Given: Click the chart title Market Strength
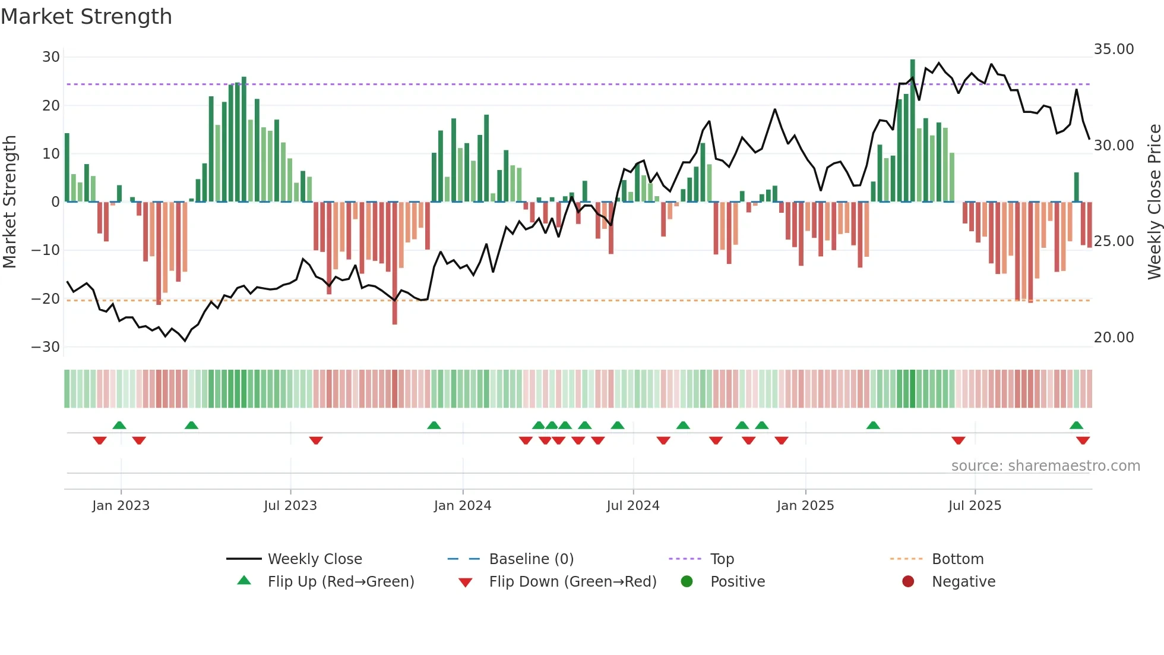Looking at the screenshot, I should click(86, 17).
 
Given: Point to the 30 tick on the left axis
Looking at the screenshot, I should click(51, 57).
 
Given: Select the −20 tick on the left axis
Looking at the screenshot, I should click(46, 299).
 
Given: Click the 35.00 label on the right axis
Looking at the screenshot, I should click(1114, 49).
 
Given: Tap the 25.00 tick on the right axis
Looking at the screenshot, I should click(1114, 241).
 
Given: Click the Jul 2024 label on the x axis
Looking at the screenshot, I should click(632, 506).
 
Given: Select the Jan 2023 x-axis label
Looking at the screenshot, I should click(121, 506).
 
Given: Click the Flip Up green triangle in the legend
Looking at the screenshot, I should click(244, 581).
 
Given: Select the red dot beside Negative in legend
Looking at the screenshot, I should click(908, 581).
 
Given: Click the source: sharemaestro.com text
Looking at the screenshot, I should click(1045, 466).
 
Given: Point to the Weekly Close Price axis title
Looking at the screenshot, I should click(1154, 202).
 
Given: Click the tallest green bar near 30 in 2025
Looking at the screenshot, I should click(912, 131).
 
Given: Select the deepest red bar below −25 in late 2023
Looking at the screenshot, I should click(395, 264).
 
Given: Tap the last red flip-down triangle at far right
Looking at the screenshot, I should click(1083, 440).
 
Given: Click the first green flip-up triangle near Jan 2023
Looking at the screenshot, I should click(119, 425).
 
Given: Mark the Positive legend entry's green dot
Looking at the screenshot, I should click(687, 581).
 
